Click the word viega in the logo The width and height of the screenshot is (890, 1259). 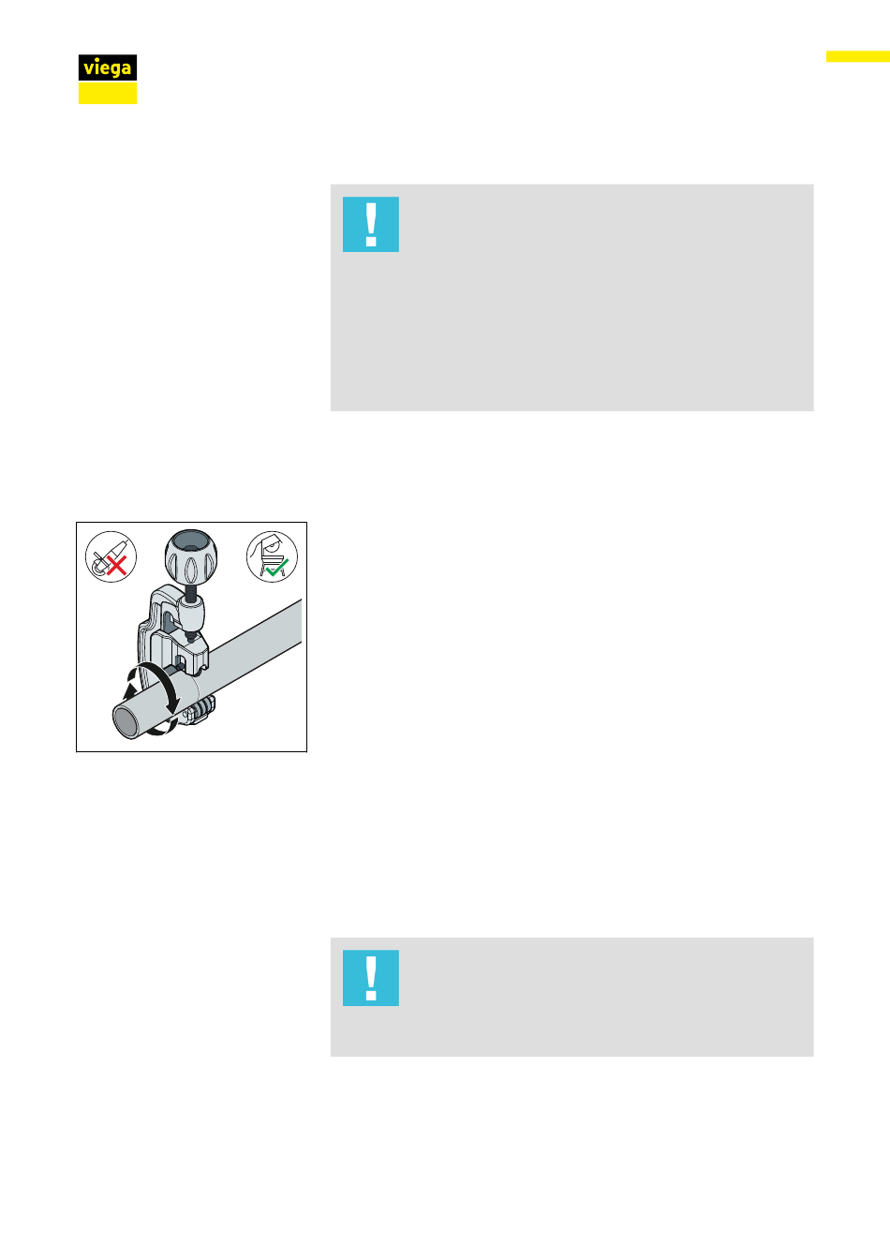tap(108, 68)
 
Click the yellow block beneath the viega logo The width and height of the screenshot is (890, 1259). tap(108, 93)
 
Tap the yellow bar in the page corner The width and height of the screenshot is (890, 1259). tap(857, 56)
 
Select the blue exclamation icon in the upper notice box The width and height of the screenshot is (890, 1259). tap(370, 224)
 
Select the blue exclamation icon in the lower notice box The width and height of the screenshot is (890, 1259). tap(370, 977)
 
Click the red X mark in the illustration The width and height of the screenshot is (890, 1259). tap(116, 566)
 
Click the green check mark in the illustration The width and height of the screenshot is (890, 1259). tap(277, 567)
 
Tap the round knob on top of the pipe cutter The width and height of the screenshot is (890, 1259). tap(191, 557)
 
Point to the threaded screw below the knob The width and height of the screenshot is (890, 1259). tap(191, 592)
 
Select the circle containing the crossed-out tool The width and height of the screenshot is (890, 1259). tap(111, 556)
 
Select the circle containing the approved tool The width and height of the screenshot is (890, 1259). tap(272, 556)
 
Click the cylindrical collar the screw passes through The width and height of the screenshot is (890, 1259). tap(191, 615)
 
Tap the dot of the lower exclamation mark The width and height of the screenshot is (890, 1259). tap(371, 996)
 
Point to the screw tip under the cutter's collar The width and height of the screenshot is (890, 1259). tap(191, 638)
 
